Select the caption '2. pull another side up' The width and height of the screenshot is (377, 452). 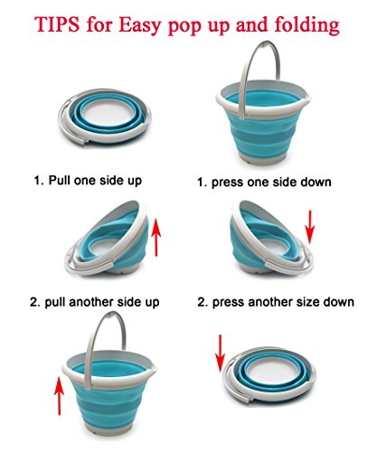99,300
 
